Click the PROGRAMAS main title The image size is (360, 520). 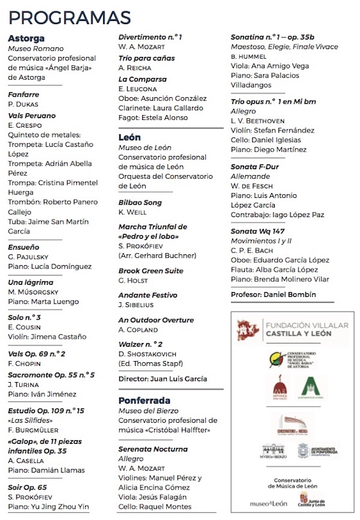pos(70,16)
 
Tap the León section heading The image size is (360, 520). pos(130,137)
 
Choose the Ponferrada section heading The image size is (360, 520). pos(144,400)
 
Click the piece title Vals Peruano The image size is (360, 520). pos(32,116)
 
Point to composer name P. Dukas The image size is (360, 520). pos(23,104)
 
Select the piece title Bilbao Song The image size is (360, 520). pos(141,203)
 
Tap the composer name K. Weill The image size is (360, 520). pos(132,212)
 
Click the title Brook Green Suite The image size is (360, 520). pos(151,271)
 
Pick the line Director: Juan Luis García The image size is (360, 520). pos(163,379)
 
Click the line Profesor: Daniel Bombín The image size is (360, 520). pos(273,294)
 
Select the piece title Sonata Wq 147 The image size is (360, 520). pos(259,232)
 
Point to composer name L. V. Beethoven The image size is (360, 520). pos(258,121)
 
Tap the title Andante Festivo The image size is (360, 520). pos(148,295)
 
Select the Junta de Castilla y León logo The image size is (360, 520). pos(313,500)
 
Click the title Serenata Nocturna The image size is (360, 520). pos(153,449)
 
